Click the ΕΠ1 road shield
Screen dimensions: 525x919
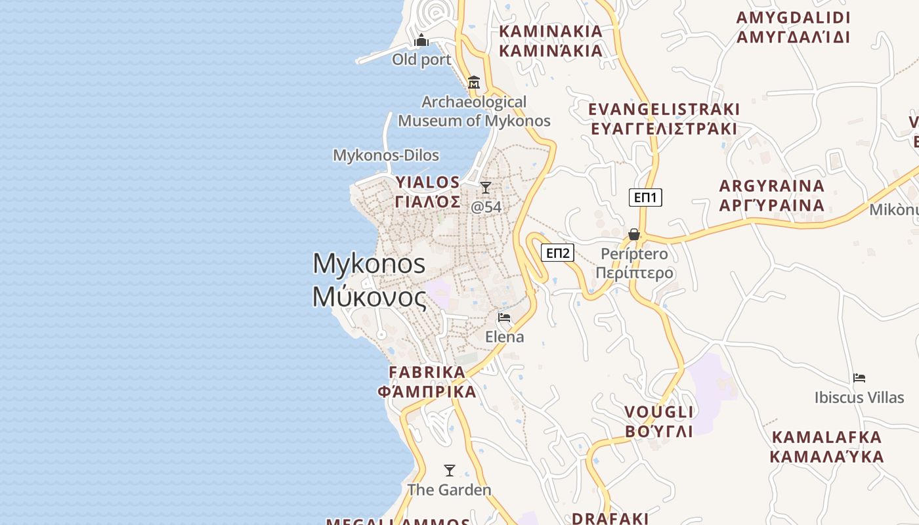(645, 198)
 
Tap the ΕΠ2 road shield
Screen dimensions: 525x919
(557, 253)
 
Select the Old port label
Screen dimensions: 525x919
(421, 60)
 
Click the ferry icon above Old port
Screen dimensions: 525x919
(421, 41)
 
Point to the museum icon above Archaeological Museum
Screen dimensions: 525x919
(474, 83)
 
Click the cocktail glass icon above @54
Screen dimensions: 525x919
(486, 188)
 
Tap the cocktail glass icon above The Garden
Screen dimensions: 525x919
(450, 471)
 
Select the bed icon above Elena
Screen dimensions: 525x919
(504, 318)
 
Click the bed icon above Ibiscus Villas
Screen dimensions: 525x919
(859, 378)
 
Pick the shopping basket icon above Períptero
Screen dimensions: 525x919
(634, 234)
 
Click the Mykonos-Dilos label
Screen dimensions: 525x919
(386, 156)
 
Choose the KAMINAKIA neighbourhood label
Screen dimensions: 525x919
(551, 41)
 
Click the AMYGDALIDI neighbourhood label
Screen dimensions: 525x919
(793, 27)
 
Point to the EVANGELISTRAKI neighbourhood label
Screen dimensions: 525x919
(664, 119)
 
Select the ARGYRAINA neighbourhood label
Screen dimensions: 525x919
(772, 196)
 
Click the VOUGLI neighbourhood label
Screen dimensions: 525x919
(658, 421)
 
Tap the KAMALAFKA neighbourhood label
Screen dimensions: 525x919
(826, 446)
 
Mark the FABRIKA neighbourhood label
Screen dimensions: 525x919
(427, 382)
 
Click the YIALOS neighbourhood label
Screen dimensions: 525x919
(428, 192)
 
